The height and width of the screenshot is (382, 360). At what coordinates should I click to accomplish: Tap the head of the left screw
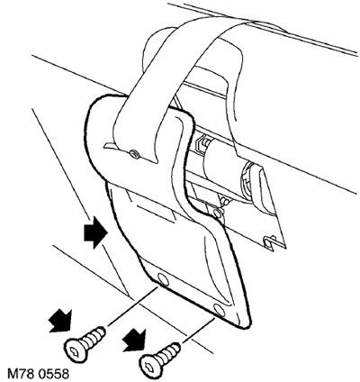point(76,350)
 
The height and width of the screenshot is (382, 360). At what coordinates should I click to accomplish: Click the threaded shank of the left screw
point(94,336)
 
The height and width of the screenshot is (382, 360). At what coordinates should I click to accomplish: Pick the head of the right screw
point(152,365)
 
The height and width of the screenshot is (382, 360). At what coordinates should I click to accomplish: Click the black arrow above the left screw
point(60,322)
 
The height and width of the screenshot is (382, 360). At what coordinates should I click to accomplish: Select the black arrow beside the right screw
point(135,341)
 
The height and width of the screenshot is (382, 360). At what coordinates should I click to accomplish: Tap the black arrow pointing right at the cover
point(95,232)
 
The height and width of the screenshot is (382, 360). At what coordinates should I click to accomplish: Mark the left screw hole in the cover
point(162,279)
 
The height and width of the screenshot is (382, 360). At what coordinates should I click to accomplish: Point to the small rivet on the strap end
point(134,154)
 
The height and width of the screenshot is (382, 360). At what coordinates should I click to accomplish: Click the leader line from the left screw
point(132,306)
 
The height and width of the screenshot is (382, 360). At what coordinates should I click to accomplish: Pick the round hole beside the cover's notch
point(217,214)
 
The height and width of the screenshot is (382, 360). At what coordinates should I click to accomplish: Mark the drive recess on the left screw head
point(74,351)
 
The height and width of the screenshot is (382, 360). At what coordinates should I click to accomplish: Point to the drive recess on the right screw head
point(150,366)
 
